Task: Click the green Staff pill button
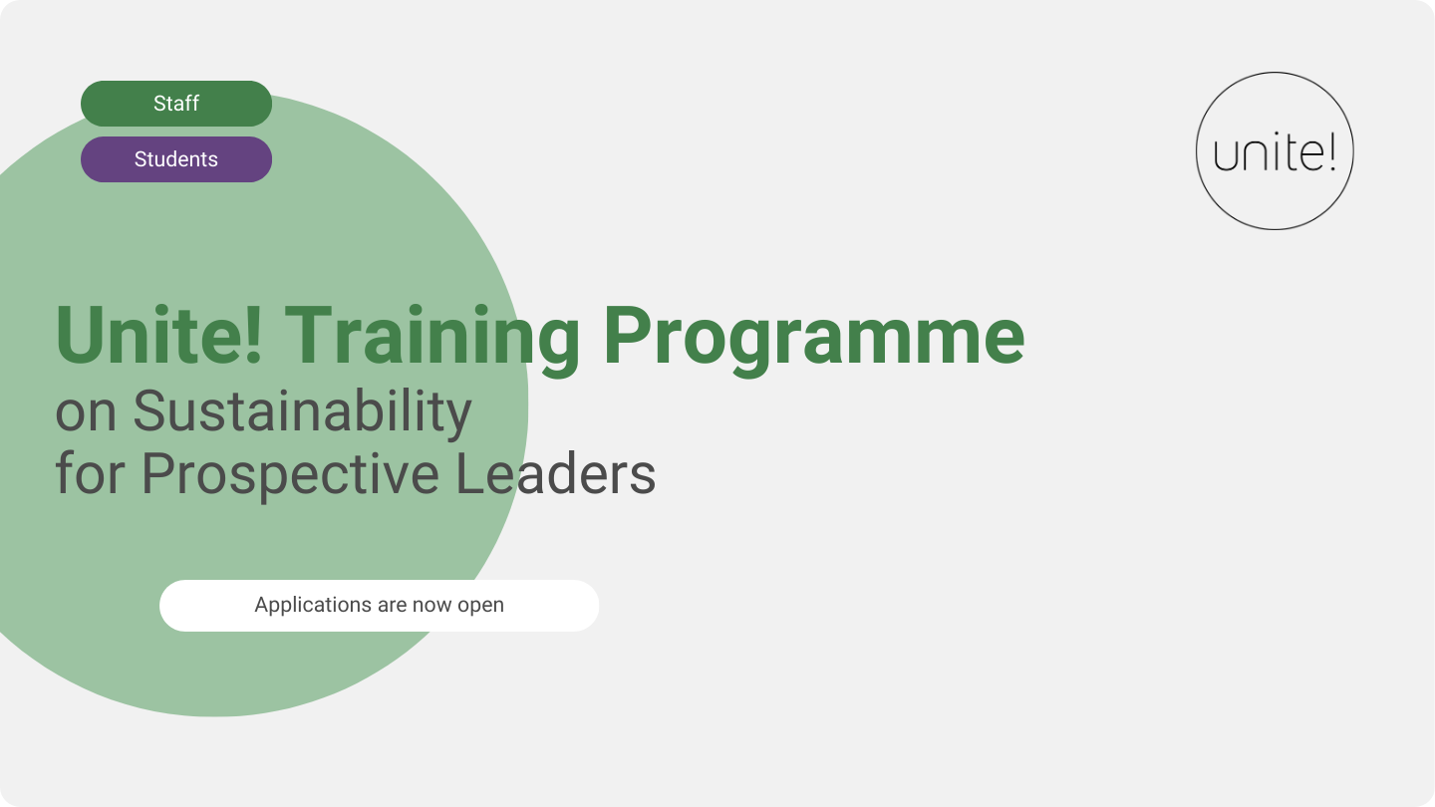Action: coord(176,104)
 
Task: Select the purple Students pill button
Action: coord(176,159)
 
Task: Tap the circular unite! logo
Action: coord(1275,151)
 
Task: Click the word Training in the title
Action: coord(431,337)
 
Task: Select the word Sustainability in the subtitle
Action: coord(302,412)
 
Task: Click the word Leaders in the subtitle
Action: coord(556,474)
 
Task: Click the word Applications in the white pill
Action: coord(313,606)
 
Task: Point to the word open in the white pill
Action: coord(480,606)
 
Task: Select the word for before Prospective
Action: coord(90,474)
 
